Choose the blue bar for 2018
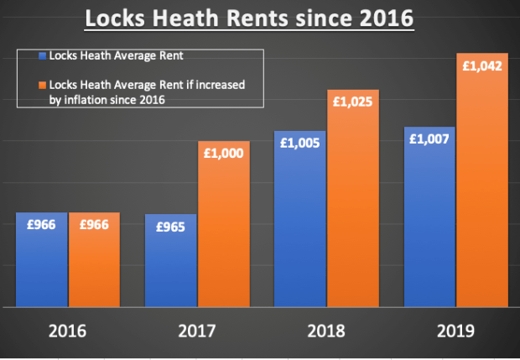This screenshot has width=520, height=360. [300, 227]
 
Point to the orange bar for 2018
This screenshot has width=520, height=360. [352, 210]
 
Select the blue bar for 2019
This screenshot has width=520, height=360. [429, 227]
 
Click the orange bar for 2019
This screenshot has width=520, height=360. [482, 193]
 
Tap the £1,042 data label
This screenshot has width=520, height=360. [482, 65]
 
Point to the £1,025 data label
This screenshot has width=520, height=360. [352, 102]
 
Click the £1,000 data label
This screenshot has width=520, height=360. [223, 154]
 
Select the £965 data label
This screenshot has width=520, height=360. [171, 226]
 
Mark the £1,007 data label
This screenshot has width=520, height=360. [429, 139]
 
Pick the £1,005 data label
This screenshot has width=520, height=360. [300, 143]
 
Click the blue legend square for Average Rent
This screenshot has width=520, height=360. [42, 58]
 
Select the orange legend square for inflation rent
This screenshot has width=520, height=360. [42, 85]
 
